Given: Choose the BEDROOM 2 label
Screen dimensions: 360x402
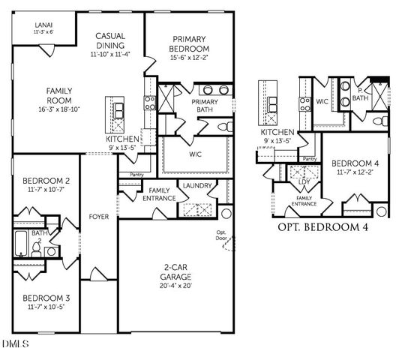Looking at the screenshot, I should [46, 181].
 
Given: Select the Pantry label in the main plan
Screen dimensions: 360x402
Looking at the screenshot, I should [136, 175].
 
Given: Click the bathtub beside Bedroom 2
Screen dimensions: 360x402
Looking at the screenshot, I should [21, 245].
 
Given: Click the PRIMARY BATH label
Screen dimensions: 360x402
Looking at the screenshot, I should [204, 106].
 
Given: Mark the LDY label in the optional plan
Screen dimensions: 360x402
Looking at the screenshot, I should [304, 181].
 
